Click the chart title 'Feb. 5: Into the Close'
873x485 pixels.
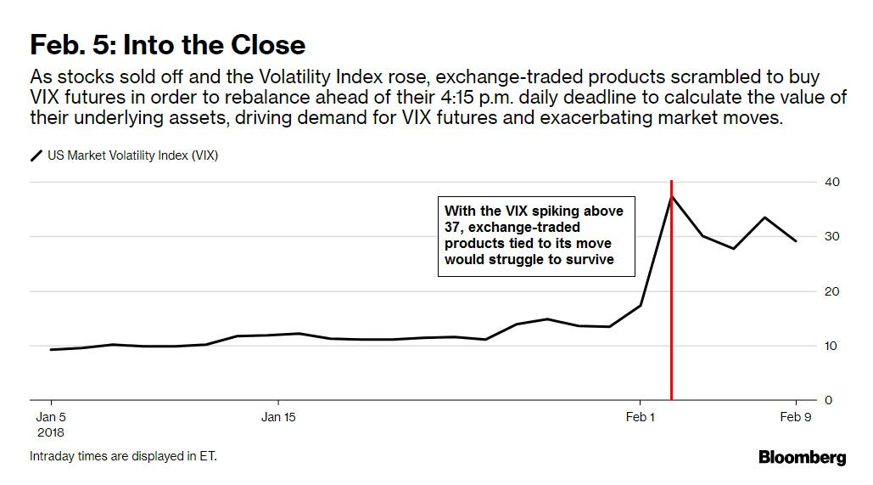tap(168, 43)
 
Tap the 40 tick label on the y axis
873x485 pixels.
tap(831, 182)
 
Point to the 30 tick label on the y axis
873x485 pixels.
tap(831, 236)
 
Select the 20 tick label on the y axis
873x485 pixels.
tap(831, 291)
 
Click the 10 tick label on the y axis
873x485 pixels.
tap(831, 346)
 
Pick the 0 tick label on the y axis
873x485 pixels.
tap(828, 400)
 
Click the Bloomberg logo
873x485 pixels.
tap(802, 458)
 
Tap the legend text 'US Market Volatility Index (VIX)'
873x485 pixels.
tap(132, 155)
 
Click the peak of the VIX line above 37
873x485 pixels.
tap(672, 196)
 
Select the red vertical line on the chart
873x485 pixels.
tap(672, 340)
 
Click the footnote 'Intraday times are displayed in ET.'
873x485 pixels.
tap(124, 456)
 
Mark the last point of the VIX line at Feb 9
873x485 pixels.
tap(796, 241)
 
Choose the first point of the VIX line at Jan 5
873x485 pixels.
tap(51, 349)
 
